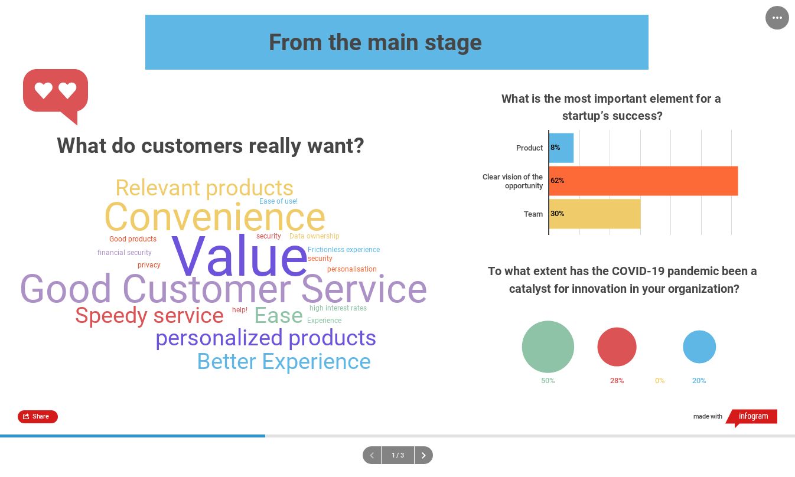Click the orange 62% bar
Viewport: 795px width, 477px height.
tap(643, 181)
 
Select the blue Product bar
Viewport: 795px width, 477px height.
tap(561, 148)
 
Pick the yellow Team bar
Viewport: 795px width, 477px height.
tap(595, 214)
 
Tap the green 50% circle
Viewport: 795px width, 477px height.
tap(548, 347)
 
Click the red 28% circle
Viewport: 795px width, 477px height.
tap(617, 347)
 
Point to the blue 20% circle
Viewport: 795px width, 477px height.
tap(699, 347)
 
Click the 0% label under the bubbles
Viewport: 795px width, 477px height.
tap(660, 381)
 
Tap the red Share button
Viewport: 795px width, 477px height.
tap(38, 416)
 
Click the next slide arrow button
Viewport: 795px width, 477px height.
tap(423, 455)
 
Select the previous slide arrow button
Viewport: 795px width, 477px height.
tap(372, 455)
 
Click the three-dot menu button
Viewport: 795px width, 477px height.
tap(777, 18)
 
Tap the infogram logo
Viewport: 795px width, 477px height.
tap(752, 417)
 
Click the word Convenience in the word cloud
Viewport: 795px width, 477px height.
tap(215, 217)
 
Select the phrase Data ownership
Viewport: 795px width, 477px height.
tap(314, 236)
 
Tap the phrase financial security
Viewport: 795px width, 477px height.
tap(124, 253)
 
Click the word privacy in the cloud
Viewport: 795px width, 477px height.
tap(149, 265)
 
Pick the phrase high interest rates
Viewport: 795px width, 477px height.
tap(338, 308)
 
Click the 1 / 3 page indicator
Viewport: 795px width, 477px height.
tap(398, 455)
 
